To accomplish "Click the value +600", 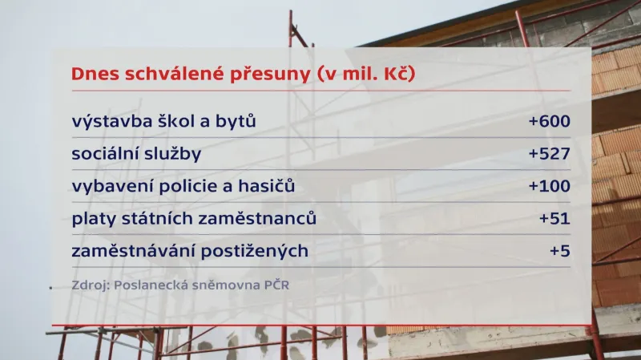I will (x=549, y=123).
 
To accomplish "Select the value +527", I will (x=549, y=155).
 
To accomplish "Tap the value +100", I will (x=549, y=187).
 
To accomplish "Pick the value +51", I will (x=554, y=219).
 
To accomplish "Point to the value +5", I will (x=559, y=251).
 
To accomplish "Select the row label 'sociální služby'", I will (x=136, y=155).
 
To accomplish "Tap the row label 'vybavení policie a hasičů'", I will (x=183, y=187).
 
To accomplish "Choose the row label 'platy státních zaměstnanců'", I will (x=194, y=219).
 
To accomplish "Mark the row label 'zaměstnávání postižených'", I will (x=190, y=251).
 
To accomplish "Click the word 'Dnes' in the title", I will (x=95, y=74).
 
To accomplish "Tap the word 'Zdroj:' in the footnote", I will (x=90, y=285).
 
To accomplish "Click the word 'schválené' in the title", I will (x=173, y=74).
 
